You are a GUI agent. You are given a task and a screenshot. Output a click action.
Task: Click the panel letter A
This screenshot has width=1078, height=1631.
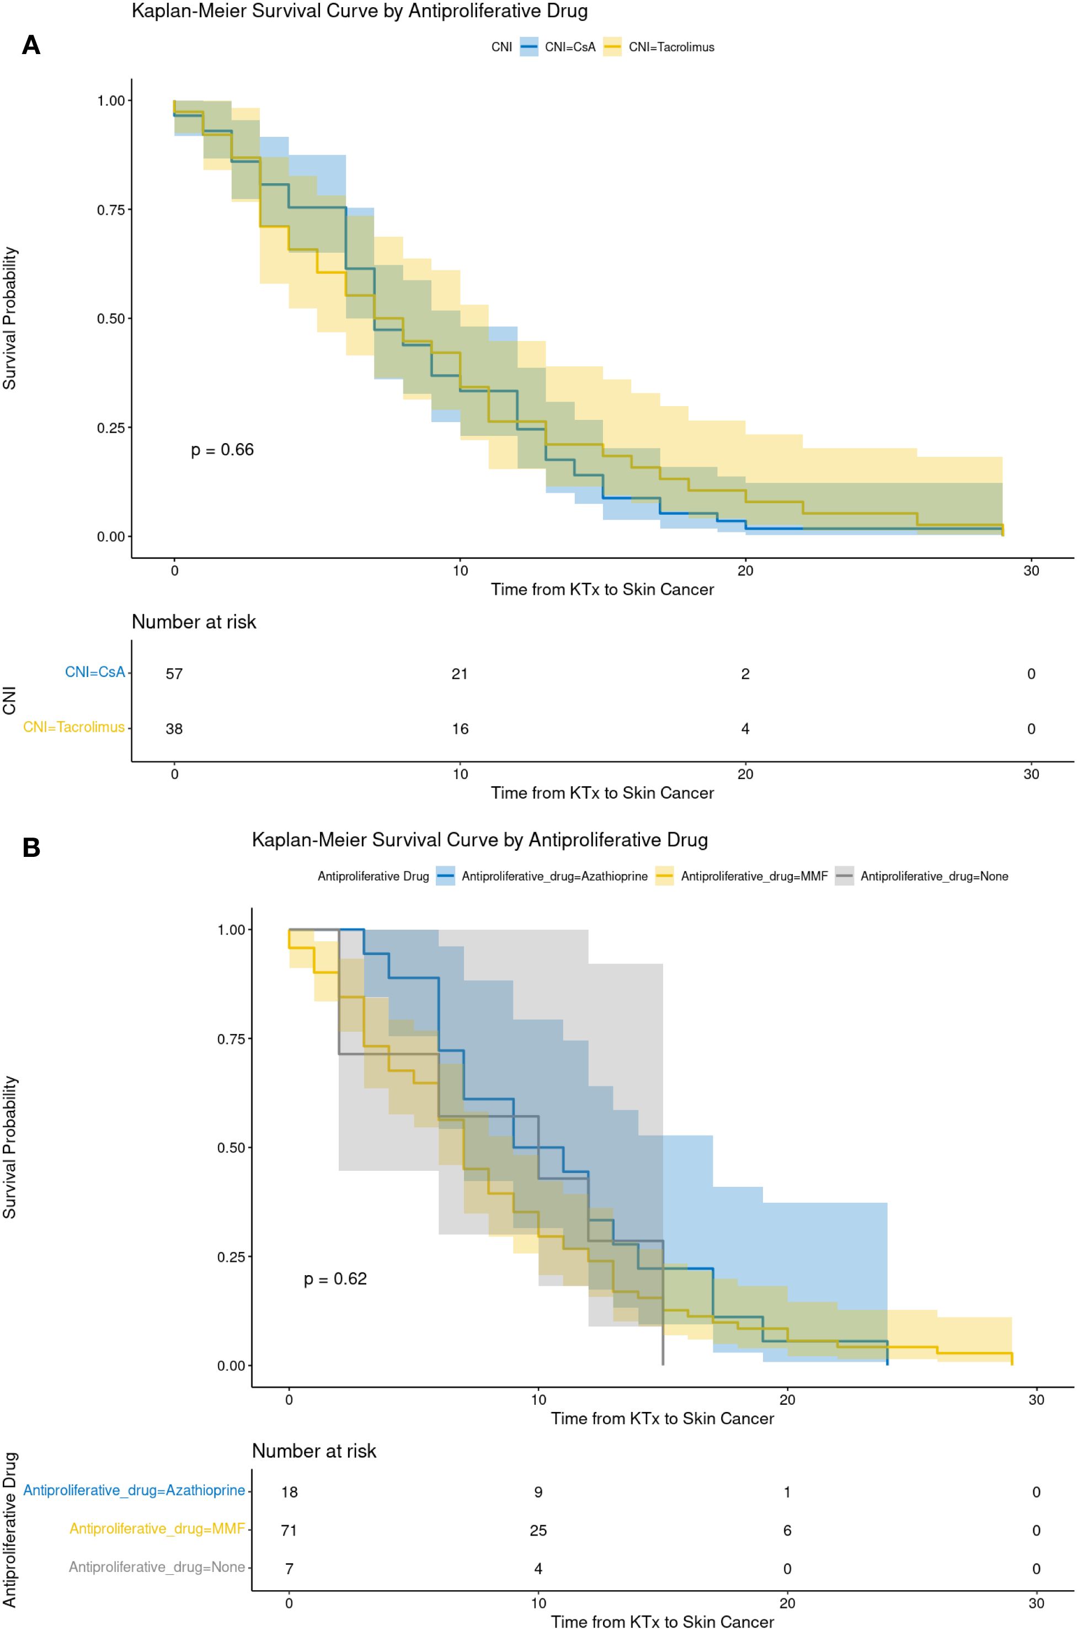(x=31, y=45)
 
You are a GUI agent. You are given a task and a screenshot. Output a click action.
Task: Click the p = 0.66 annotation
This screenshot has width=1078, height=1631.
(x=222, y=450)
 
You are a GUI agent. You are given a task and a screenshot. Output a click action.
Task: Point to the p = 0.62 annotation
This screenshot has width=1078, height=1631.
(x=335, y=1279)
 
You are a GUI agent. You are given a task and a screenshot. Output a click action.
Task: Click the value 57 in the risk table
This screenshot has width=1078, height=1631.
(x=174, y=674)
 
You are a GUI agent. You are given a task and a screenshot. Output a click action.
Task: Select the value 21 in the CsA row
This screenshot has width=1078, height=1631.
(x=459, y=674)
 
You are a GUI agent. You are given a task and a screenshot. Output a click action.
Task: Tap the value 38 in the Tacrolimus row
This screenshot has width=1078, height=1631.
(x=174, y=729)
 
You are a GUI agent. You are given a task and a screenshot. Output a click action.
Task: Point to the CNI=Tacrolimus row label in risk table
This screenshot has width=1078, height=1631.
(x=73, y=727)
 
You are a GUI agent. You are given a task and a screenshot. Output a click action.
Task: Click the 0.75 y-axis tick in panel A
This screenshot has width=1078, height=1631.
(x=111, y=210)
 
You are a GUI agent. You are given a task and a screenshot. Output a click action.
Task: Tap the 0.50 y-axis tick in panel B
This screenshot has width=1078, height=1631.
(x=231, y=1148)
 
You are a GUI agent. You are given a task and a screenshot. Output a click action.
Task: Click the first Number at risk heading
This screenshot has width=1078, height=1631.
(x=194, y=622)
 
